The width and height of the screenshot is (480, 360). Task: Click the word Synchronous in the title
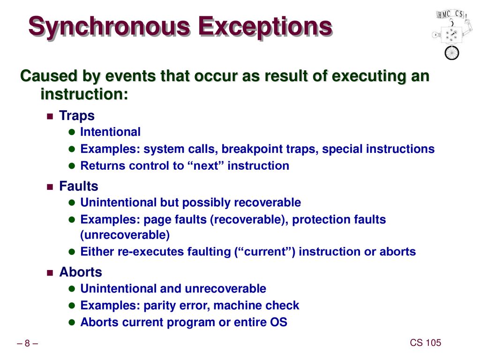click(109, 27)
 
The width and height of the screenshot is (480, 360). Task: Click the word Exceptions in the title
click(265, 27)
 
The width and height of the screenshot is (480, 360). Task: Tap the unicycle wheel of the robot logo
click(452, 52)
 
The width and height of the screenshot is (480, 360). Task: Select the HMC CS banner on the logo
click(451, 15)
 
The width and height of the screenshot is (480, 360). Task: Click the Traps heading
click(77, 116)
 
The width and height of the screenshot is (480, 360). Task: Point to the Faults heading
click(79, 186)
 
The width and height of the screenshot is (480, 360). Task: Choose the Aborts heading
click(81, 272)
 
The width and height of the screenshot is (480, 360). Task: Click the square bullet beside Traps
click(50, 116)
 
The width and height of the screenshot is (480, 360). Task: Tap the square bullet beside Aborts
click(50, 273)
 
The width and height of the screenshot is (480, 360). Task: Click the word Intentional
click(110, 132)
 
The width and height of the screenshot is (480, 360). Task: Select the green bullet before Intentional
click(72, 132)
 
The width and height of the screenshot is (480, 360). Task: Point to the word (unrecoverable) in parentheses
click(125, 235)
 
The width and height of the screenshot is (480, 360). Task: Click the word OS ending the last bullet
click(278, 322)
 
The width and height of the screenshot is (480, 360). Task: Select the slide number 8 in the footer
click(27, 343)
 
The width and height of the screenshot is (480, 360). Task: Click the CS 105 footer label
click(426, 343)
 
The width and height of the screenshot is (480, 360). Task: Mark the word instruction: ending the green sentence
click(84, 94)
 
